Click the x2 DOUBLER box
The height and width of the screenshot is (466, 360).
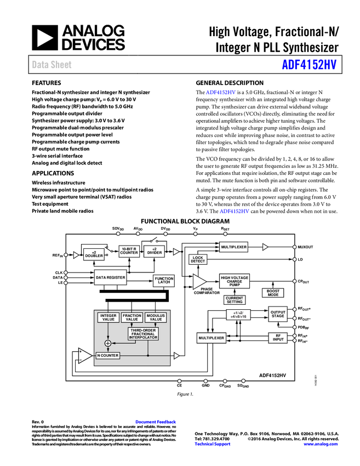(94, 254)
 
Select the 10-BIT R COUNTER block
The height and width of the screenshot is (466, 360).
(129, 251)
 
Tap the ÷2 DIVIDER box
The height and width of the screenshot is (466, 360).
(155, 251)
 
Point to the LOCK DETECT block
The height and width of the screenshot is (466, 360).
(198, 260)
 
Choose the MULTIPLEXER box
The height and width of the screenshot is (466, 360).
(234, 247)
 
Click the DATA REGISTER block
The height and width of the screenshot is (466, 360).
(110, 277)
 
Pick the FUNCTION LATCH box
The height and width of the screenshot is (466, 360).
(164, 281)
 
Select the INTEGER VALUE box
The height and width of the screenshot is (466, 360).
(108, 317)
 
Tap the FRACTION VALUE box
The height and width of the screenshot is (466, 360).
(132, 317)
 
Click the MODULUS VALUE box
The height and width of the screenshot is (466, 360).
(156, 317)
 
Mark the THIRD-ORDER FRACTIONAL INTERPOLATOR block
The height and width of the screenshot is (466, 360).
(143, 334)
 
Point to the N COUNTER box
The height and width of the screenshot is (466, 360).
(107, 355)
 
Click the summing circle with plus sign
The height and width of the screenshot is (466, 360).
(108, 343)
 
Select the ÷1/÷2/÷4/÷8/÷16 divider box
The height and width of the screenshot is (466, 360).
(238, 315)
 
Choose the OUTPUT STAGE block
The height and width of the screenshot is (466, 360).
(278, 314)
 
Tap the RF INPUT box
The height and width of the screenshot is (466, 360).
(278, 338)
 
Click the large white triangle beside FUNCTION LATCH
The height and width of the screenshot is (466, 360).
(199, 282)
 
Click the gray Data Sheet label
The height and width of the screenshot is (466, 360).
(52, 65)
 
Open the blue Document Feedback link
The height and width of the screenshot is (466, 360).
(156, 422)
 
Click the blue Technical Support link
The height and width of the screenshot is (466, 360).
(213, 444)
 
